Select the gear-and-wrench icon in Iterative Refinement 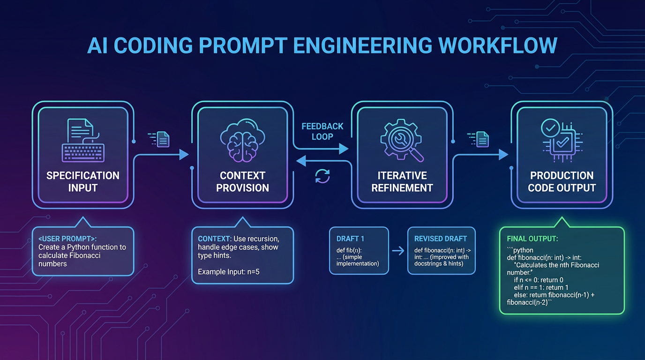(x=401, y=138)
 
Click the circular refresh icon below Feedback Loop (x=322, y=176)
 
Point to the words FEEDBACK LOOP (x=322, y=131)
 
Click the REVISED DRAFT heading (x=441, y=239)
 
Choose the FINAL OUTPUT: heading (x=532, y=239)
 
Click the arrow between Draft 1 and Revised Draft (x=398, y=251)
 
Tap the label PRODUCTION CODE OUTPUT (x=562, y=182)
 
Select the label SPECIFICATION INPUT (x=82, y=182)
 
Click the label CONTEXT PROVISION (x=242, y=182)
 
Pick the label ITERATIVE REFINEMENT (x=402, y=182)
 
